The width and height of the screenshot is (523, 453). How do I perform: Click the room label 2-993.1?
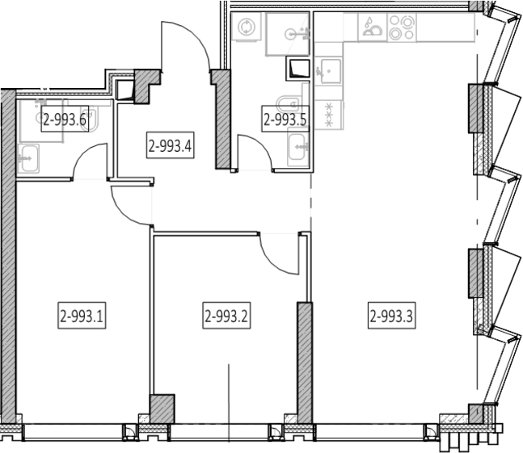coord(82,316)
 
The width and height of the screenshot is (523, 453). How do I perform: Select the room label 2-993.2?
coord(226,316)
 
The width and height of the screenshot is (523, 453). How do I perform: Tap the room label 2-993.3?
coord(391,316)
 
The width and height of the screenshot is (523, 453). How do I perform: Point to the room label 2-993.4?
coord(170,145)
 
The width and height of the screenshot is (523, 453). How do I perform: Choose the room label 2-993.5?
coord(285,119)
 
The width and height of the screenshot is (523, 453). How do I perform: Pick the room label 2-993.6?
coord(65,119)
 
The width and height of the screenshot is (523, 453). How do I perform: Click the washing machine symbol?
coord(247,27)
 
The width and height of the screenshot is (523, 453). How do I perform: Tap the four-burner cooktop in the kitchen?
coord(402,27)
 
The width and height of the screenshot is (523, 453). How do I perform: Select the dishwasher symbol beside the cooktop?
coord(373,27)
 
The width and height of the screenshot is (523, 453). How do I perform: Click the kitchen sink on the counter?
coord(328,71)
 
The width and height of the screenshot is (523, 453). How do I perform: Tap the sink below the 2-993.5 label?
coord(297,147)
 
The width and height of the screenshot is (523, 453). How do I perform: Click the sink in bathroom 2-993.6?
coord(28,158)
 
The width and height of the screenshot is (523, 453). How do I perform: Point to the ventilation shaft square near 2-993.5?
coord(298,69)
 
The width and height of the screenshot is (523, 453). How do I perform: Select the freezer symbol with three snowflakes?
coord(329,115)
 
